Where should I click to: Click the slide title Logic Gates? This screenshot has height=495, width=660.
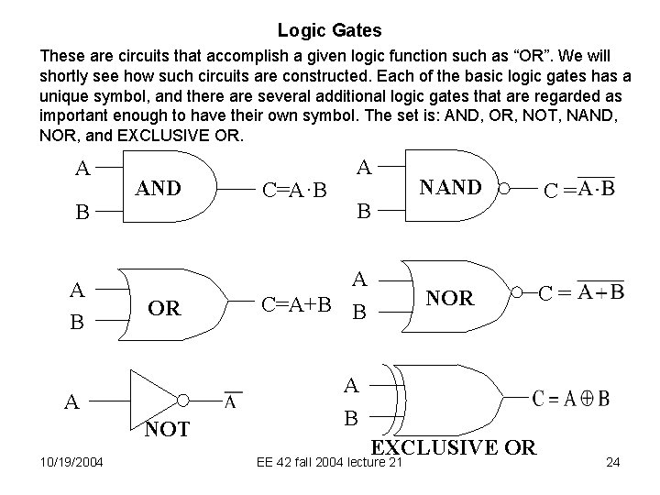point(330,29)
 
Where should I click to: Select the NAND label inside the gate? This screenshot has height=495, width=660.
point(449,188)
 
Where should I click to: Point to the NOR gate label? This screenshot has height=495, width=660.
point(449,298)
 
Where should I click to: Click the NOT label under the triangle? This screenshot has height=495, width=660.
point(166,428)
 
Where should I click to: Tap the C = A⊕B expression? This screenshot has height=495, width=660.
point(571,399)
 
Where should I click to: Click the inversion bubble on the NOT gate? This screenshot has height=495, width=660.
point(184,401)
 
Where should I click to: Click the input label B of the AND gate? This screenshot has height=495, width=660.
point(82,214)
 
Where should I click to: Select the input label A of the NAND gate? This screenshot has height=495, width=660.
point(364,167)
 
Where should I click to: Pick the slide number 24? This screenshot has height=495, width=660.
point(613,463)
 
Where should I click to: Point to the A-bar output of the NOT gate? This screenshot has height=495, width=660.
point(233,401)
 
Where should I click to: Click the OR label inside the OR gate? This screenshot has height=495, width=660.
point(164,308)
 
